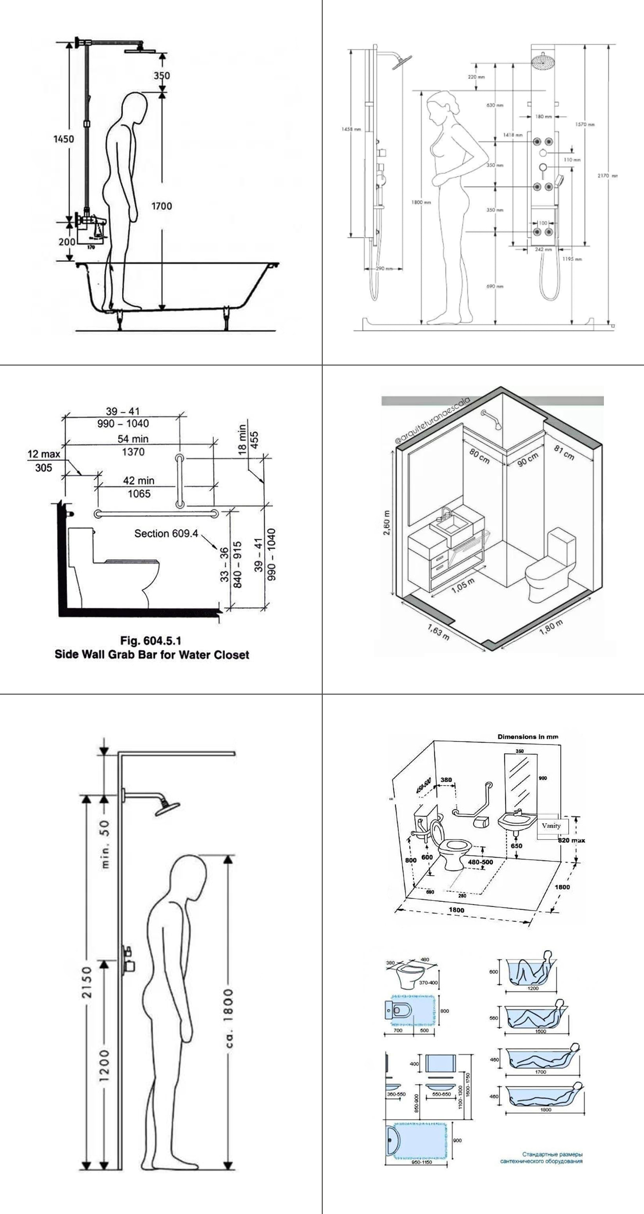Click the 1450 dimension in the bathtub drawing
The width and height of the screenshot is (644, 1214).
(x=64, y=139)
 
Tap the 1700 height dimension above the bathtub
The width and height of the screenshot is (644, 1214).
(x=161, y=206)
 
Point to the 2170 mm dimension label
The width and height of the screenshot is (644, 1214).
(x=607, y=176)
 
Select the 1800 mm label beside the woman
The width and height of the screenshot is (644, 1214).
(x=421, y=203)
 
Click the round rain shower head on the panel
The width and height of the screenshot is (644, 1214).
(x=542, y=62)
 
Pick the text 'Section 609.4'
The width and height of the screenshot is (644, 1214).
(x=166, y=534)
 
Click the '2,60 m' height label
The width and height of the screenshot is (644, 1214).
(x=387, y=522)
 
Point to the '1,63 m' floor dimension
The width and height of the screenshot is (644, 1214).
(x=438, y=632)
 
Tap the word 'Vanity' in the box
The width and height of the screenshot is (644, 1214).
(x=551, y=825)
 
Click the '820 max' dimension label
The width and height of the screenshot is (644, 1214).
(x=572, y=840)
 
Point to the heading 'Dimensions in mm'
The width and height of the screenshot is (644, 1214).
(x=527, y=737)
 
